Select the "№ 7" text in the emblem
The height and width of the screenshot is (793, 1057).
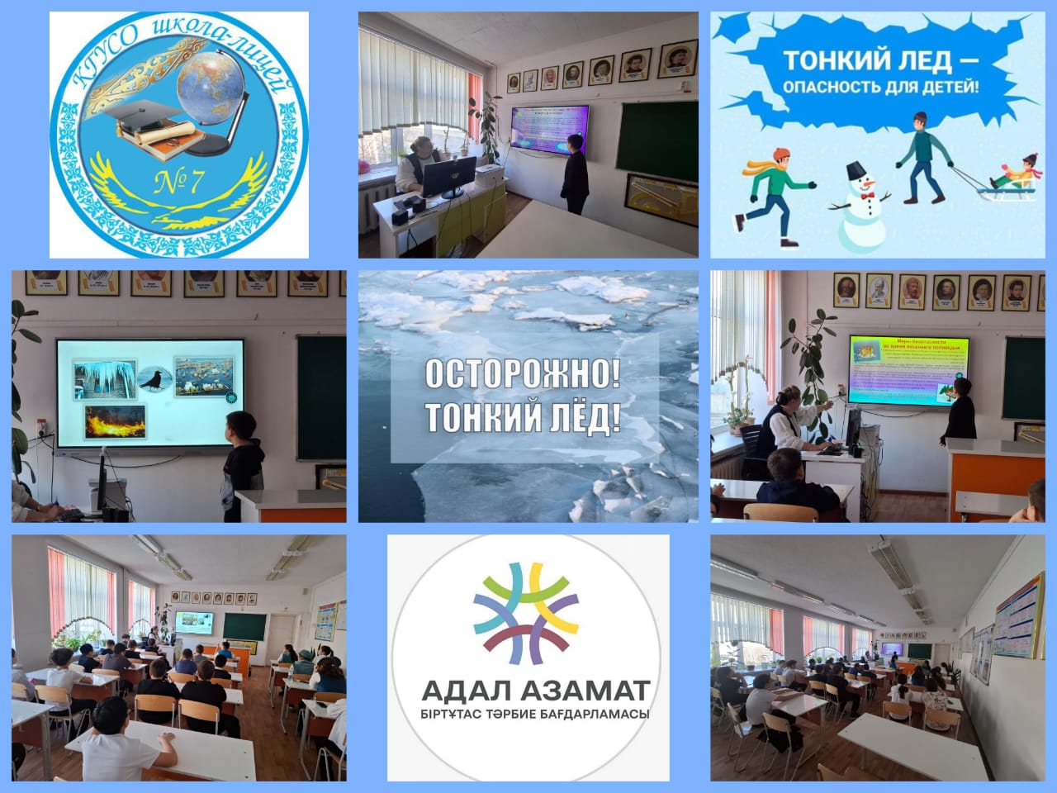179,183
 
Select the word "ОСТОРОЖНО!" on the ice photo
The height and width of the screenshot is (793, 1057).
522,375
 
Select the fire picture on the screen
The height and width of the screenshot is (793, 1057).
115,421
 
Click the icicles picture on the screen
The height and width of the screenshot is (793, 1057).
104,379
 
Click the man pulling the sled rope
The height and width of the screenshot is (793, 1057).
922,158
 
